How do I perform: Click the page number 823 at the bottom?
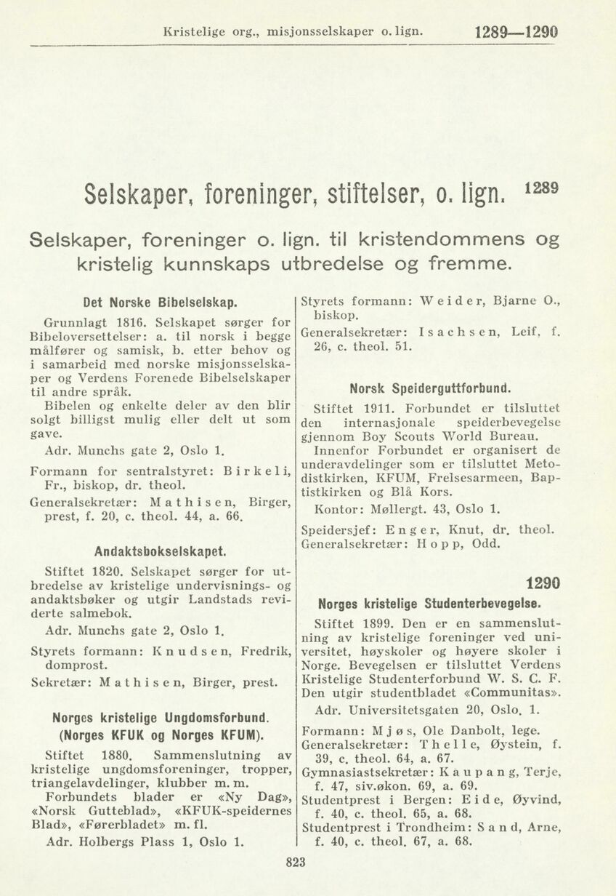(297, 863)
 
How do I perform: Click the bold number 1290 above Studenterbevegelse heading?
(543, 583)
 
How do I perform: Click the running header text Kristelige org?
(211, 33)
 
